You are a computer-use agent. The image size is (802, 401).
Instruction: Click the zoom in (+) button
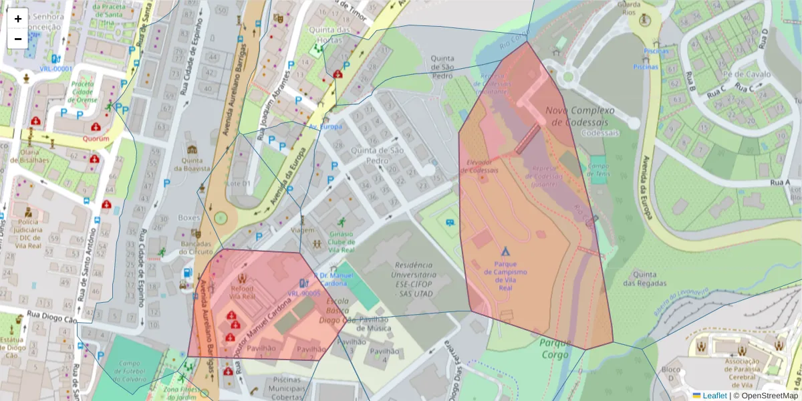[18, 19]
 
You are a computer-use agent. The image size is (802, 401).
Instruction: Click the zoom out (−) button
[18, 39]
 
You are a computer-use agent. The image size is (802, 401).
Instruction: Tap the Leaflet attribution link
[714, 396]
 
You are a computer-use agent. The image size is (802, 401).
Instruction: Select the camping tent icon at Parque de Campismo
[505, 252]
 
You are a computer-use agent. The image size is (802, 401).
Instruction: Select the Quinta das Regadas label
[643, 279]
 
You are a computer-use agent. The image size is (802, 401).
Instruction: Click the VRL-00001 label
[56, 69]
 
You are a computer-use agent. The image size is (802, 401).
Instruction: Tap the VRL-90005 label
[305, 293]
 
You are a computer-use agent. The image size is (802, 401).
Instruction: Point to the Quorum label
[96, 139]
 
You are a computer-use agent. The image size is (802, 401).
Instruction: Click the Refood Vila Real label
[242, 291]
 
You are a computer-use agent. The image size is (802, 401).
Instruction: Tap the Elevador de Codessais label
[481, 166]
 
